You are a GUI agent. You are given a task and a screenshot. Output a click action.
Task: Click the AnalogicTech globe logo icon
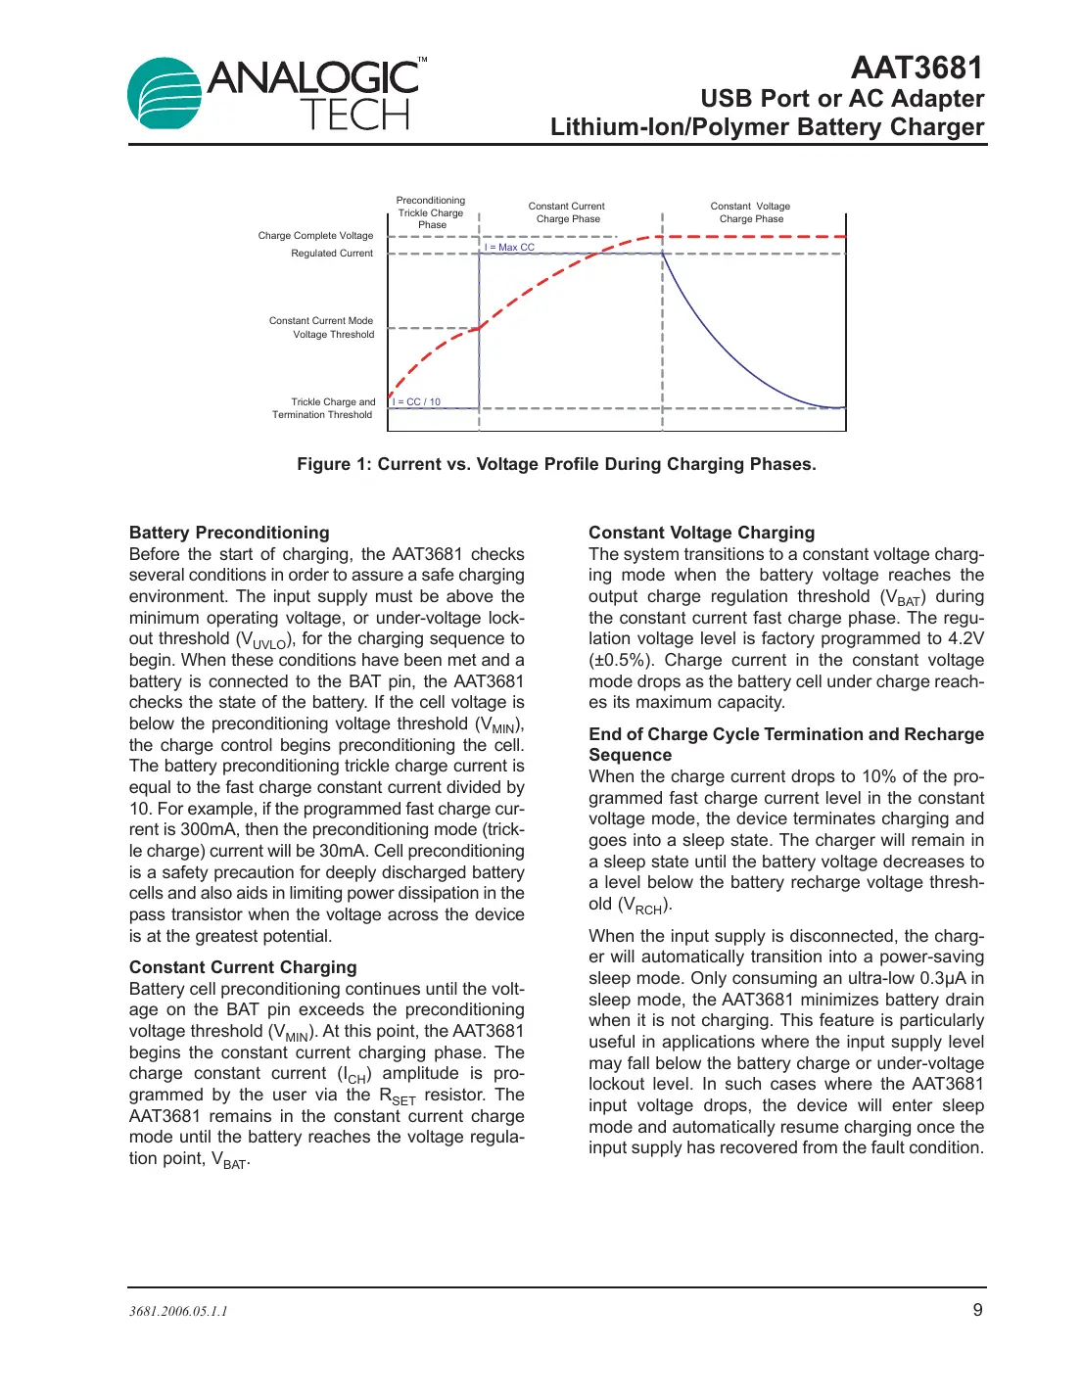pos(165,94)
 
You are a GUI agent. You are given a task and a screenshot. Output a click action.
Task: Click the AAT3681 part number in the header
pos(916,68)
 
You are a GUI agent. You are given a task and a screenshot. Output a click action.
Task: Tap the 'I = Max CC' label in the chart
pos(509,248)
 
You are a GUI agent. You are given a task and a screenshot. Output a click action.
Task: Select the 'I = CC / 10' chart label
pos(417,402)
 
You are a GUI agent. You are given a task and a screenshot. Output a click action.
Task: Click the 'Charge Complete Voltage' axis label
pos(315,236)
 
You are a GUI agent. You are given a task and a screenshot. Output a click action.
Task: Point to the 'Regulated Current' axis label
pos(331,254)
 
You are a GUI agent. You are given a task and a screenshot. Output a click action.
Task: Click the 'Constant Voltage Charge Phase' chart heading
pos(750,212)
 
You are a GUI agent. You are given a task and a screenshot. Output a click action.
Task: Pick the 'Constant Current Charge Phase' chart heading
pos(567,212)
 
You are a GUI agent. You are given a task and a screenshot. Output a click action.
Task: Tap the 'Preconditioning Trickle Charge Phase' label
pos(431,212)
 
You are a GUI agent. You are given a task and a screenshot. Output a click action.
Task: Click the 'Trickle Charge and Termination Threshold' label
pos(324,408)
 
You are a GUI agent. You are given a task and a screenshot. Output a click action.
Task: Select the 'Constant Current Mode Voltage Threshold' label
pos(322,328)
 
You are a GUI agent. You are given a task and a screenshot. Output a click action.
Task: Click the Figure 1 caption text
pos(556,464)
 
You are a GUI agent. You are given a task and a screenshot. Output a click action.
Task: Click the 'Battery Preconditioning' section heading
pos(229,533)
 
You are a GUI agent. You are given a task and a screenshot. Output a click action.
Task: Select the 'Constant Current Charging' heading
pos(243,967)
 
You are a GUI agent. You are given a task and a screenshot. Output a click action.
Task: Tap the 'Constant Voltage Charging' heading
pos(701,533)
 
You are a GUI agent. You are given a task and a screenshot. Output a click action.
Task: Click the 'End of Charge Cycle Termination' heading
pos(785,734)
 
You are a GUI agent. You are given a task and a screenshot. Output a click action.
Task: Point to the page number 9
pos(977,1310)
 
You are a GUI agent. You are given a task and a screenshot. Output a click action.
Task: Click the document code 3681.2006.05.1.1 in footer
pos(178,1312)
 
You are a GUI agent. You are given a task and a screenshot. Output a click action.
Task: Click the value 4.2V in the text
pos(965,638)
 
